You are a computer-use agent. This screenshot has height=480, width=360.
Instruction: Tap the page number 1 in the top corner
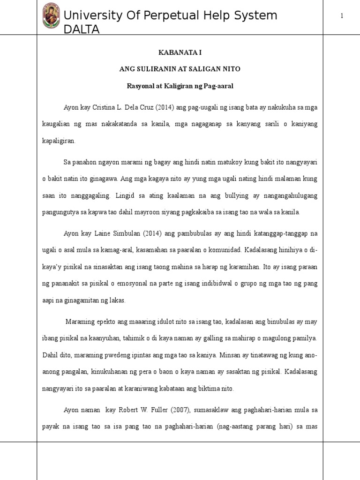pos(342,16)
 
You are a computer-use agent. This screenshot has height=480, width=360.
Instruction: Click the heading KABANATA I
pos(180,52)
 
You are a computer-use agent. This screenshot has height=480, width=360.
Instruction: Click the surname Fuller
pos(167,410)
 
